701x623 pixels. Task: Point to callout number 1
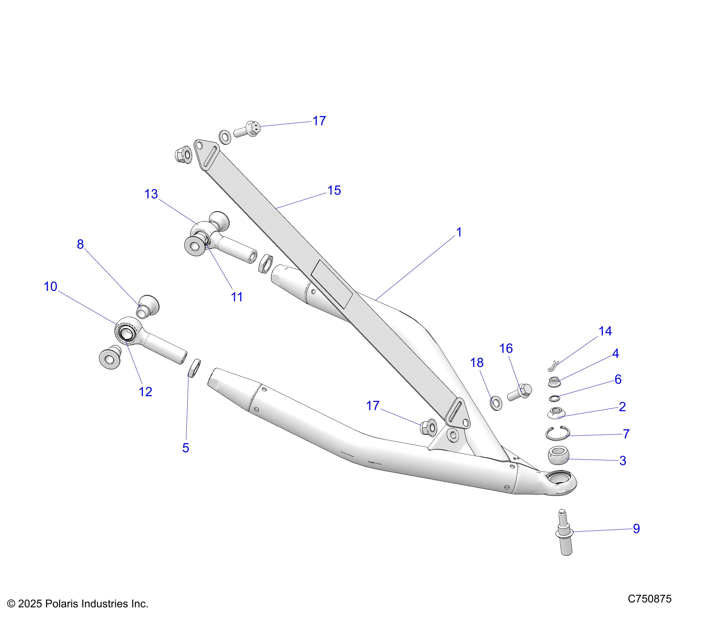(x=459, y=232)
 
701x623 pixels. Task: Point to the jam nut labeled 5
(x=195, y=368)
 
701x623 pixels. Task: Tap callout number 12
(x=145, y=392)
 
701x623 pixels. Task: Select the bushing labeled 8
(x=148, y=306)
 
